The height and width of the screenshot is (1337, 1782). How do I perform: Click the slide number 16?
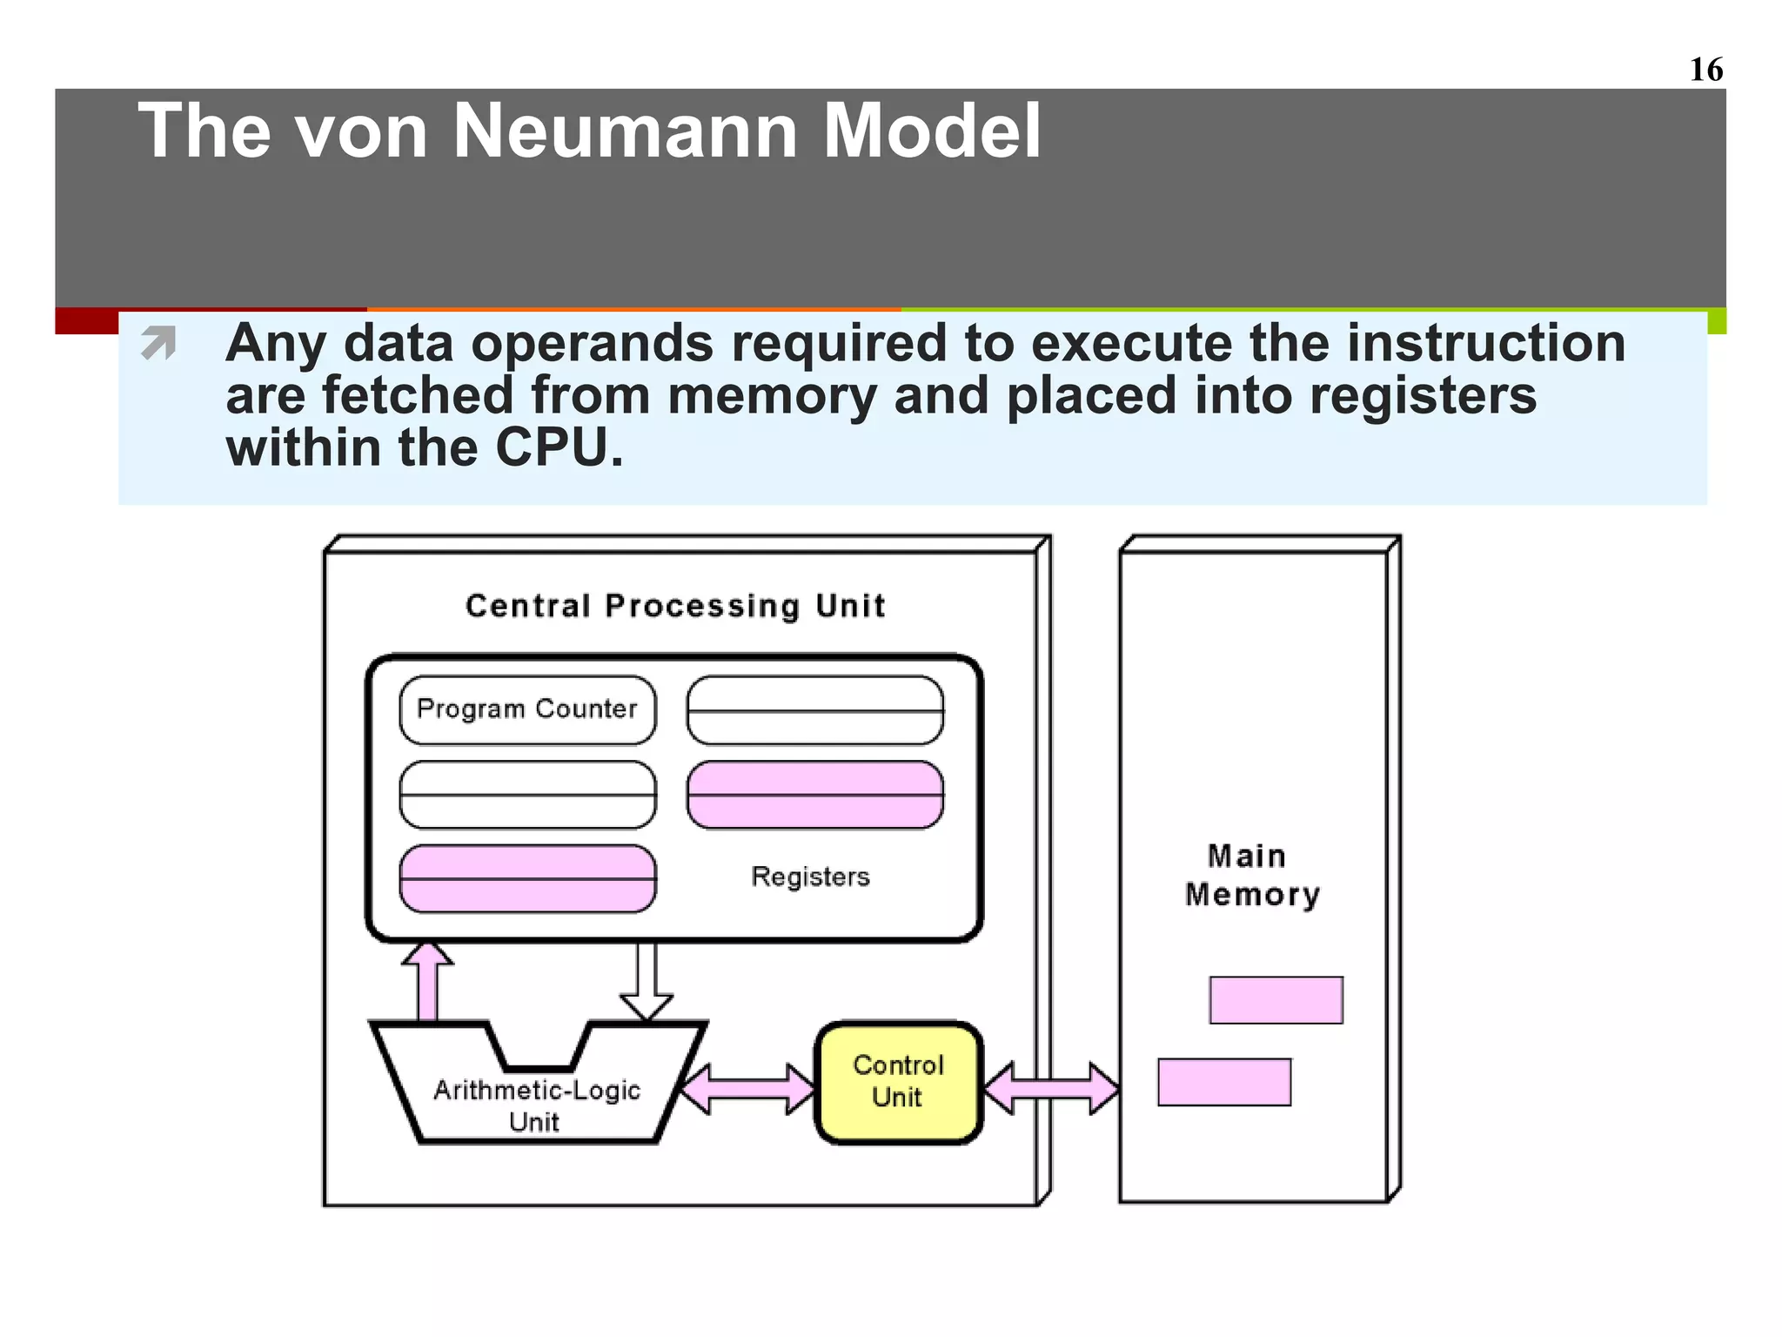click(1705, 70)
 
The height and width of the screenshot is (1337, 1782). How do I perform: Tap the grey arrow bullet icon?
click(158, 342)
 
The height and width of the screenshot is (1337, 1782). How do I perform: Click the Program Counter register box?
click(527, 709)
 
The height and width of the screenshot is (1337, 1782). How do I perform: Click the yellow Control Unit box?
click(898, 1082)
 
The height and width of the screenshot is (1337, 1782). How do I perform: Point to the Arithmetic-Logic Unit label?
click(536, 1105)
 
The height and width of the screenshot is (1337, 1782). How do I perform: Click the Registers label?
click(810, 877)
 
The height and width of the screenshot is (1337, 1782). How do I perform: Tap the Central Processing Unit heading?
click(675, 606)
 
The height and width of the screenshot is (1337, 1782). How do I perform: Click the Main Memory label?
click(1251, 876)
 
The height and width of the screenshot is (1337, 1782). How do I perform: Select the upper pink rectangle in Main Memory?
click(1276, 1000)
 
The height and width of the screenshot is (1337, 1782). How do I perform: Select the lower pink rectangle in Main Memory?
click(1223, 1082)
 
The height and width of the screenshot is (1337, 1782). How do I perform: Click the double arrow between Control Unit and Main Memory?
click(1051, 1088)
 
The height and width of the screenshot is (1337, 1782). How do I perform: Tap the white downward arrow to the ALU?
click(646, 979)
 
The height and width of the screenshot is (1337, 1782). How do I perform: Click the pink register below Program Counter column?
click(527, 879)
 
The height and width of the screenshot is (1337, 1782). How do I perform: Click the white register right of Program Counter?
click(814, 710)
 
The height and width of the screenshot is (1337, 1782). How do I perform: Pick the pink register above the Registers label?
click(814, 795)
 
